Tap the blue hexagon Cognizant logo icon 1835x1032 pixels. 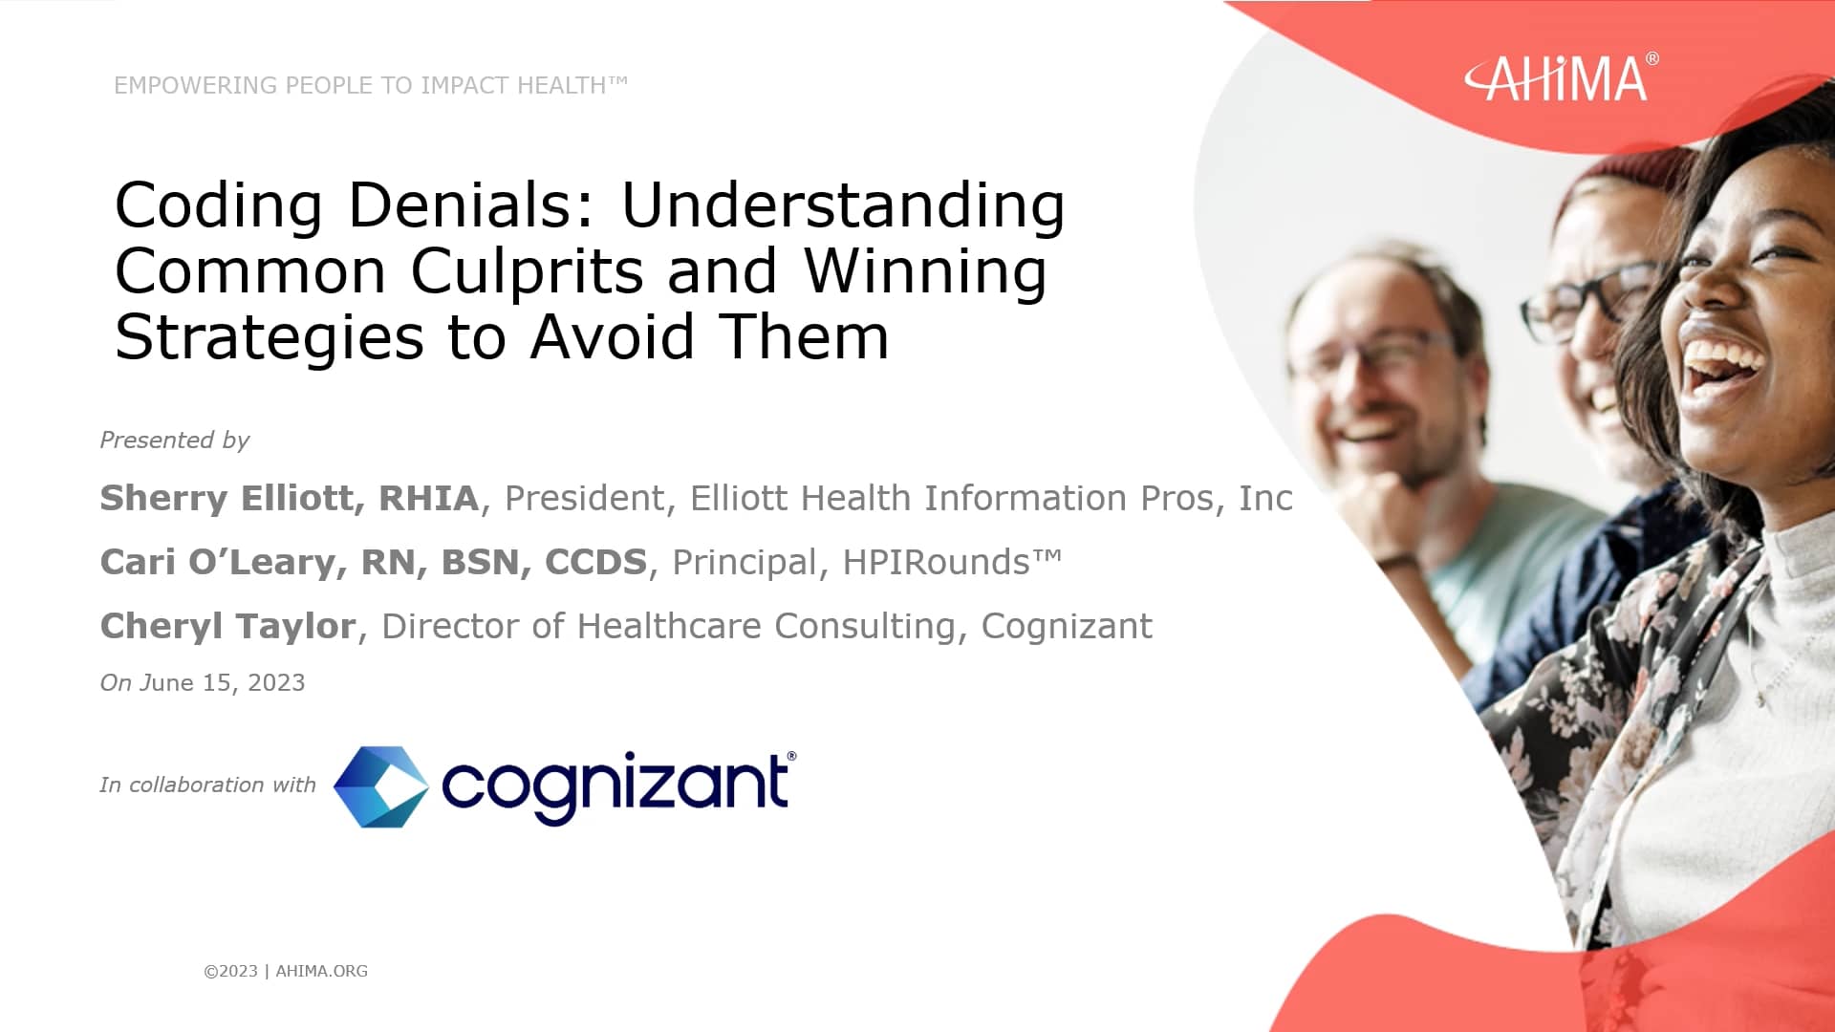click(x=380, y=786)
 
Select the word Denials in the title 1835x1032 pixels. click(x=471, y=205)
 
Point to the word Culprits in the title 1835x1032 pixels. click(x=527, y=271)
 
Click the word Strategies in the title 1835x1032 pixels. click(x=269, y=337)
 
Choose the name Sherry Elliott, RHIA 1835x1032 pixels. click(x=289, y=498)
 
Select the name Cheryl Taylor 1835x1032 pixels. click(x=227, y=626)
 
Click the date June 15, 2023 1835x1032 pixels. click(x=223, y=683)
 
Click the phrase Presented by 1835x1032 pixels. click(x=174, y=441)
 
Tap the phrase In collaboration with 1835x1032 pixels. click(x=207, y=785)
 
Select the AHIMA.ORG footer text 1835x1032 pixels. click(x=321, y=971)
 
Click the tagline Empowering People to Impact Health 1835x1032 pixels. click(x=370, y=85)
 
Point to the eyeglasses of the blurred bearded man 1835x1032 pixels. click(x=1376, y=354)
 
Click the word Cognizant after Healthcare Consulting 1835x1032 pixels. click(x=1066, y=626)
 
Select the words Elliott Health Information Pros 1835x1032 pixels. click(x=952, y=498)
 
